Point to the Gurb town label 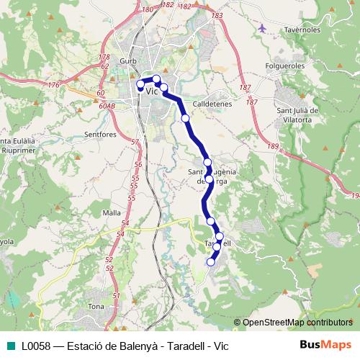[129, 61]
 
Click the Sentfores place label [100, 135]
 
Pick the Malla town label [112, 212]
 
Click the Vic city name [152, 91]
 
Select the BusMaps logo [325, 345]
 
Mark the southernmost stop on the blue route [211, 262]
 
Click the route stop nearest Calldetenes [185, 117]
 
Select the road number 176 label [53, 86]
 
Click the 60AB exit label [107, 105]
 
